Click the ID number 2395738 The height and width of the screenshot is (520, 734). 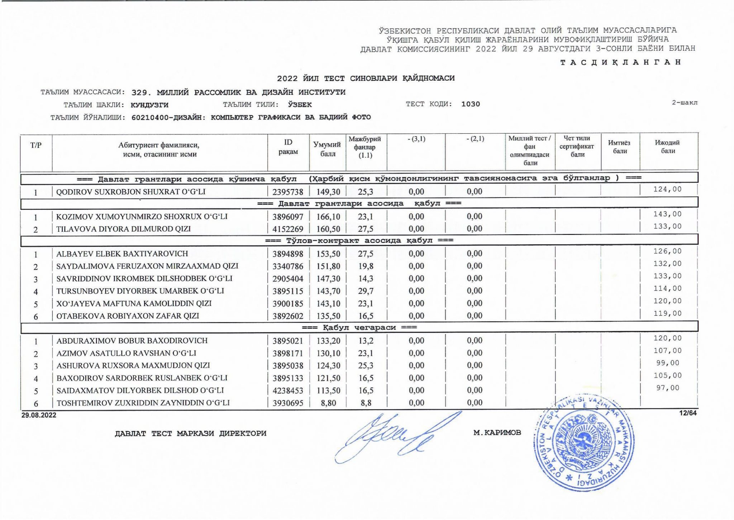(288, 192)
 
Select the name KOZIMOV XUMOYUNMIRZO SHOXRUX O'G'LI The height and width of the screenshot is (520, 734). (142, 217)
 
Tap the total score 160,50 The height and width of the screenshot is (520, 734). (328, 229)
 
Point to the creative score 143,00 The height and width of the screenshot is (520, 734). (667, 214)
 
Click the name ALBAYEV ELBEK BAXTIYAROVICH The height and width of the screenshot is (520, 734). (122, 254)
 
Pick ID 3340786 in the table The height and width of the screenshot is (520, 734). (288, 266)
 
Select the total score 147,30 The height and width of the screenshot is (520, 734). (328, 279)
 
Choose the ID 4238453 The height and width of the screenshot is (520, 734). (288, 391)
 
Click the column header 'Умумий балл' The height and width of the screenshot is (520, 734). (327, 149)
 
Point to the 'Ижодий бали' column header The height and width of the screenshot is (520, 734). (668, 147)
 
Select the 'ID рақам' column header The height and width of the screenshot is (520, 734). (288, 147)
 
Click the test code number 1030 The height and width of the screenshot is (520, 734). (471, 104)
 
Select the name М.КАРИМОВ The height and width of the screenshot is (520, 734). (497, 433)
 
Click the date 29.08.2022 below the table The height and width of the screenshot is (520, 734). (39, 415)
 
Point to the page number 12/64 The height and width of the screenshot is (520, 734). (688, 413)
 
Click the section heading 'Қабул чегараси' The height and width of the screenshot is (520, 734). (359, 327)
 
